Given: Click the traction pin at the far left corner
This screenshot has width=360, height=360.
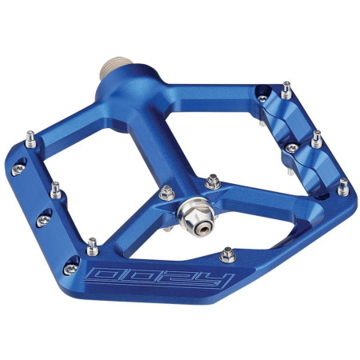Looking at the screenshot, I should (x=30, y=137).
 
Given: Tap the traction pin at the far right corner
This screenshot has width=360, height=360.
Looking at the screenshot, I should (x=342, y=187).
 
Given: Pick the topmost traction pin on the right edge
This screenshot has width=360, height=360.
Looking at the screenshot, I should (x=286, y=86).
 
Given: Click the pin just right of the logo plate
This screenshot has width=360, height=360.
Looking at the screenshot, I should (x=227, y=254).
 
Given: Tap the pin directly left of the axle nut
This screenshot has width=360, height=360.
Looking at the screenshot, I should (x=166, y=192).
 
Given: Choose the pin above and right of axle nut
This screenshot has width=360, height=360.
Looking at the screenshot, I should (x=213, y=183).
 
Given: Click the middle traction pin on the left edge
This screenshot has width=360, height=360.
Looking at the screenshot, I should (x=56, y=190).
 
